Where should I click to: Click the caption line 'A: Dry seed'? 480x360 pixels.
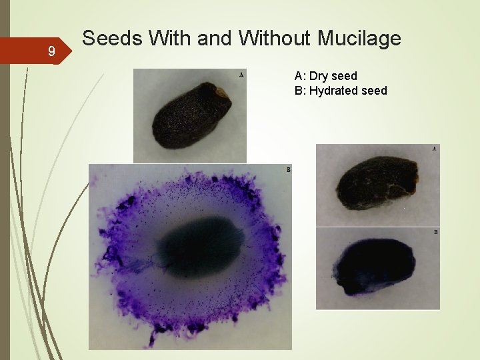click(325, 76)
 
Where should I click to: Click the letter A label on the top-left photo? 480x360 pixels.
click(241, 75)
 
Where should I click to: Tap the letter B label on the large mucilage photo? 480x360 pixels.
click(288, 170)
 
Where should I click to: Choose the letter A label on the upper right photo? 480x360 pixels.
click(435, 149)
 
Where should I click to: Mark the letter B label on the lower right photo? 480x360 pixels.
click(435, 232)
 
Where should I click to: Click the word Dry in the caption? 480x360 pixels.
click(320, 76)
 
